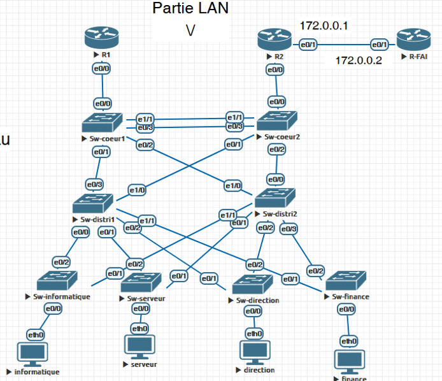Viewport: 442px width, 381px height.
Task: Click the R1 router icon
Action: (102, 38)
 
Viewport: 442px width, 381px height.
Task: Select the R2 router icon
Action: (274, 41)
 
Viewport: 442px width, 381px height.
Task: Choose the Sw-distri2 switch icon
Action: (274, 199)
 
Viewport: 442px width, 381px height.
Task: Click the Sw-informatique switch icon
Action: (57, 280)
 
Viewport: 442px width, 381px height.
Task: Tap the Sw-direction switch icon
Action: (253, 284)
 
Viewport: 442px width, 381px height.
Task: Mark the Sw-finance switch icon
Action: (346, 281)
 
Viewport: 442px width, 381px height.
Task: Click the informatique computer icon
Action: (32, 354)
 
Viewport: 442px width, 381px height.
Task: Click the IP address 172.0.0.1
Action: (323, 25)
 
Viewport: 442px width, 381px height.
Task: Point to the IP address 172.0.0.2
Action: (358, 61)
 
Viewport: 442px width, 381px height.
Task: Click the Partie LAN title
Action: (190, 8)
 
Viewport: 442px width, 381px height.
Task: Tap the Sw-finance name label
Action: (350, 296)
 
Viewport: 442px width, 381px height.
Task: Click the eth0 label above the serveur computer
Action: (139, 329)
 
